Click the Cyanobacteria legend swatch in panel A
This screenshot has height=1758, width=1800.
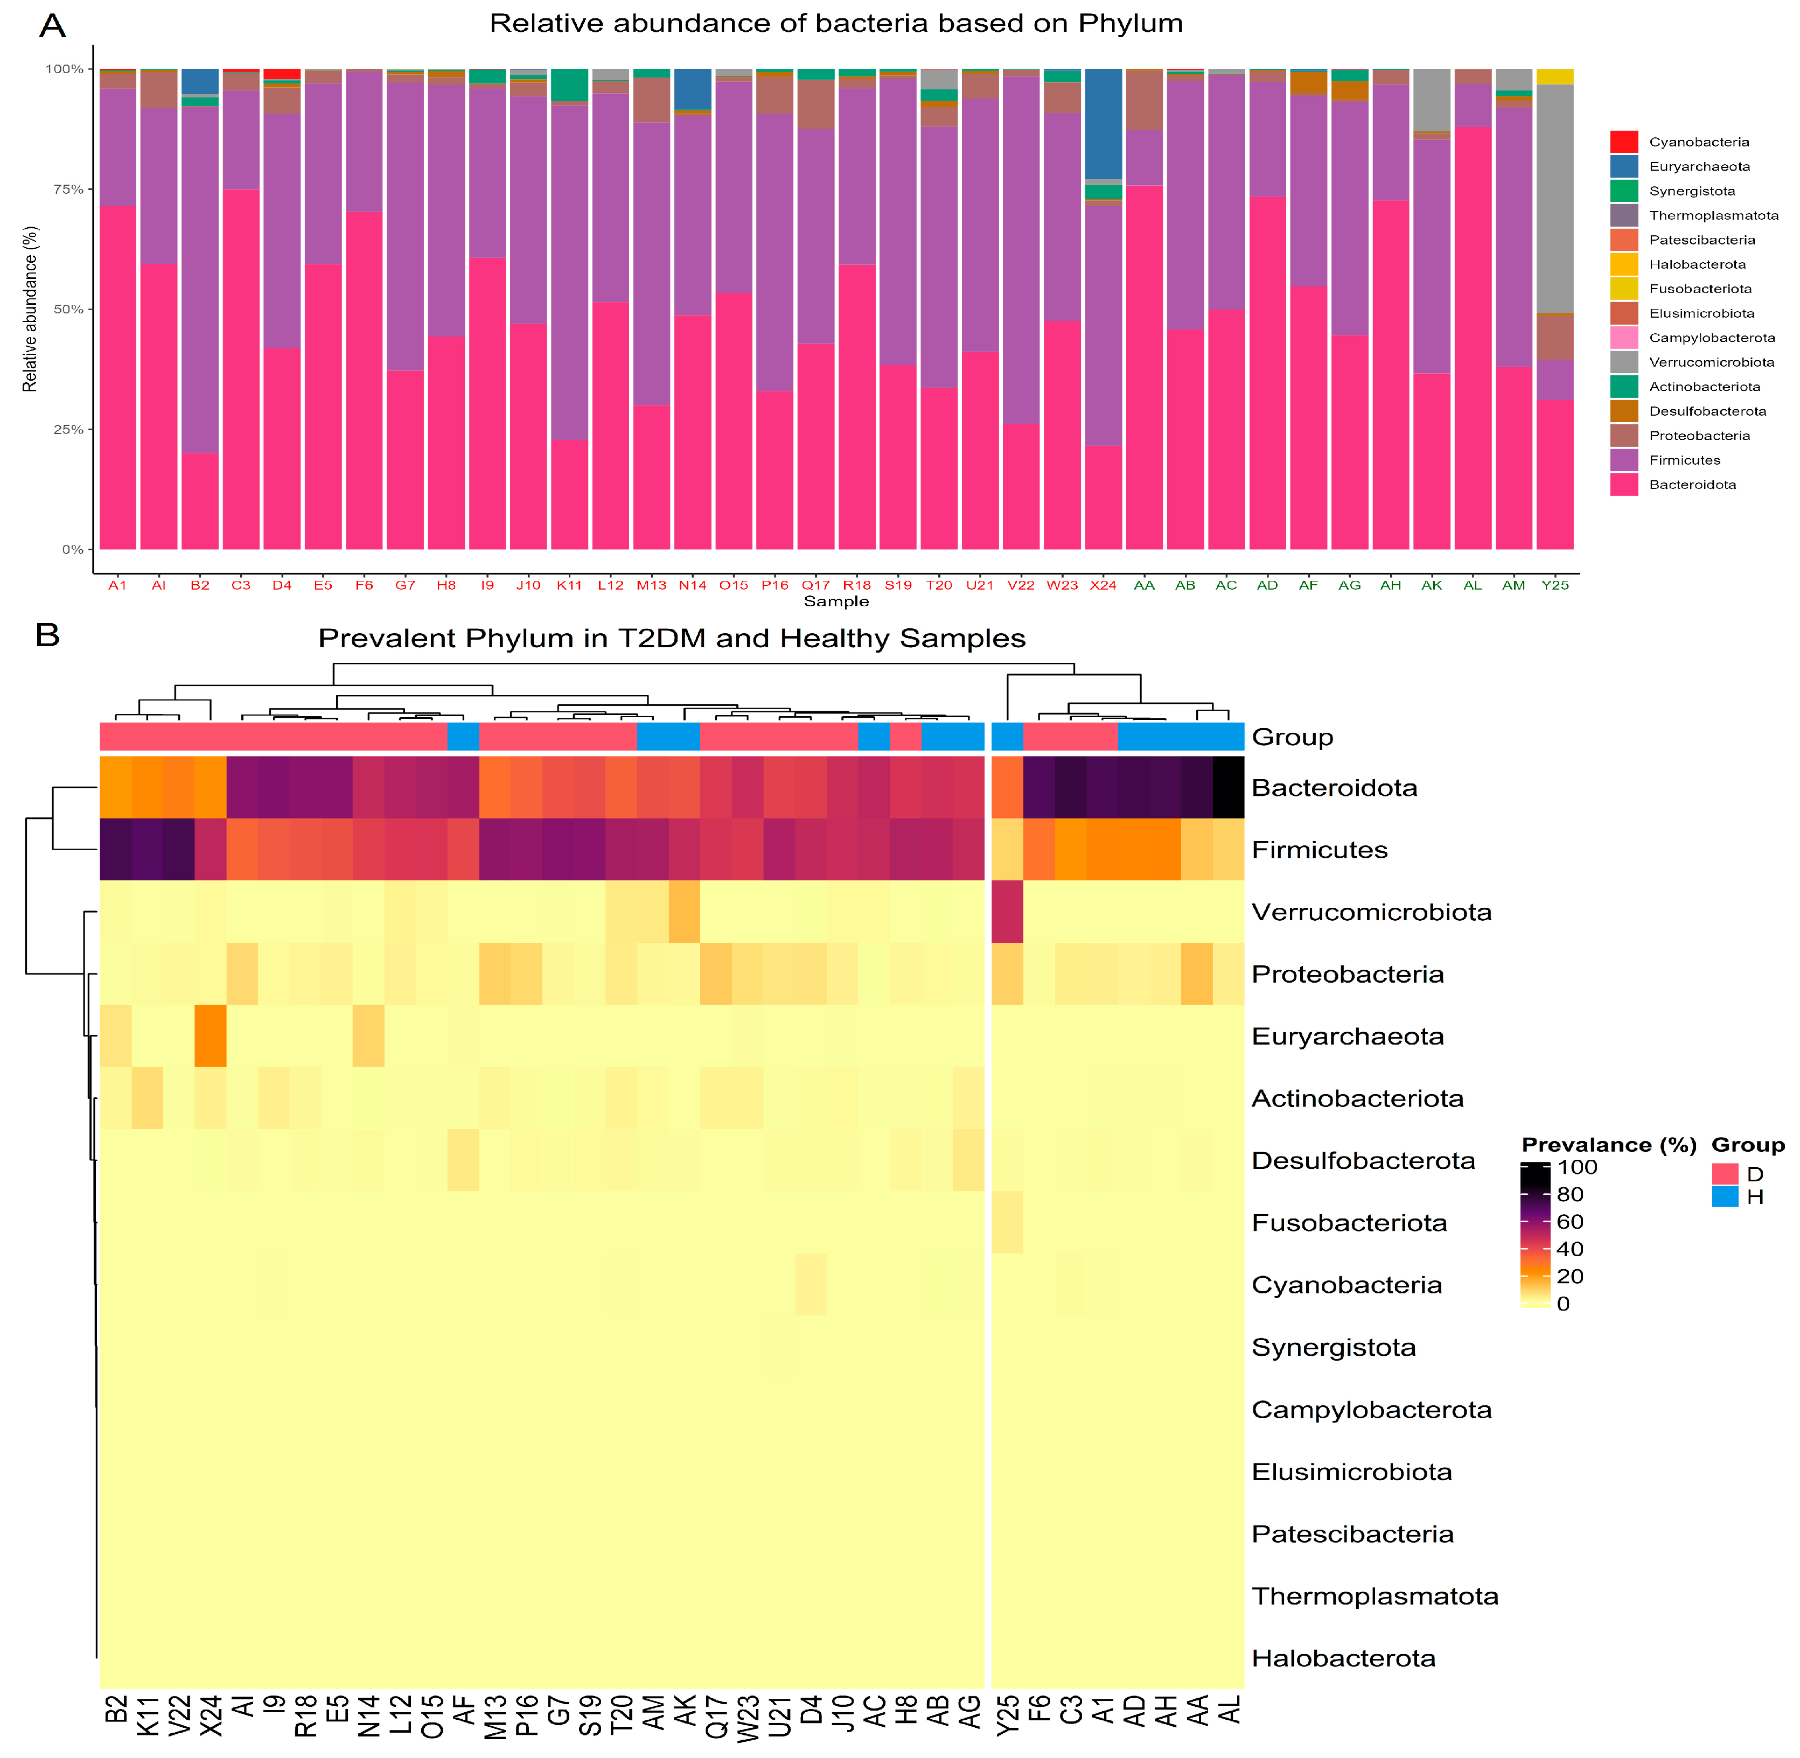(x=1623, y=141)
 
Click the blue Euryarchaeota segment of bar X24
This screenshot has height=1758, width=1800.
(x=1103, y=123)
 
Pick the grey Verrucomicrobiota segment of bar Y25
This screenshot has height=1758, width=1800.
(x=1554, y=199)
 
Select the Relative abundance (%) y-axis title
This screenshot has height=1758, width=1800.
(x=31, y=309)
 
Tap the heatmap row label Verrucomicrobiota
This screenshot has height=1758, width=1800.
(x=1371, y=912)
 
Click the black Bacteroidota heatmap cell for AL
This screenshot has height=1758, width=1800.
(x=1227, y=787)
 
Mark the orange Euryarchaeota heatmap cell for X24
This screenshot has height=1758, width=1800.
(x=211, y=1035)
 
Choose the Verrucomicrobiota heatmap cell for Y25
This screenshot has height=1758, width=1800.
(x=1007, y=912)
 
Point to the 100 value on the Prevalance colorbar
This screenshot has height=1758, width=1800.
(x=1576, y=1167)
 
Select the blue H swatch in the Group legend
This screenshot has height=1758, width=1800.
(x=1724, y=1196)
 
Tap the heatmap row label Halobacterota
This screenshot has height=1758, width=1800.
(x=1343, y=1658)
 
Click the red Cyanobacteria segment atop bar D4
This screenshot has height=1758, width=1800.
(x=282, y=74)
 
